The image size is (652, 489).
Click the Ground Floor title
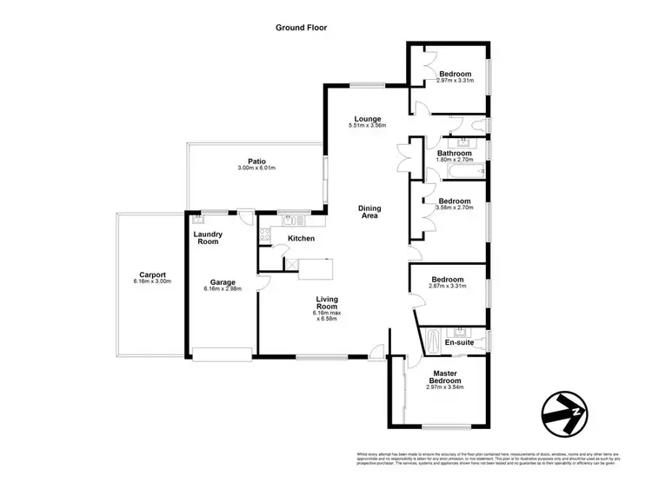301,28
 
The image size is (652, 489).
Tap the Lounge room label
365,119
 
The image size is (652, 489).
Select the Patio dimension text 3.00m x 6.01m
256,168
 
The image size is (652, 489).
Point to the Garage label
223,281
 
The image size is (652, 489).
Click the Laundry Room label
208,237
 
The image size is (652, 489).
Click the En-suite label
458,343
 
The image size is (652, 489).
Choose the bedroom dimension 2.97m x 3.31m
454,82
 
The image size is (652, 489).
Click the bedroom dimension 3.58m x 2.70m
454,208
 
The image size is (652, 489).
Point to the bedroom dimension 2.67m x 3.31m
449,287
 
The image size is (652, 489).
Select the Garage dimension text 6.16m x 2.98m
223,289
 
